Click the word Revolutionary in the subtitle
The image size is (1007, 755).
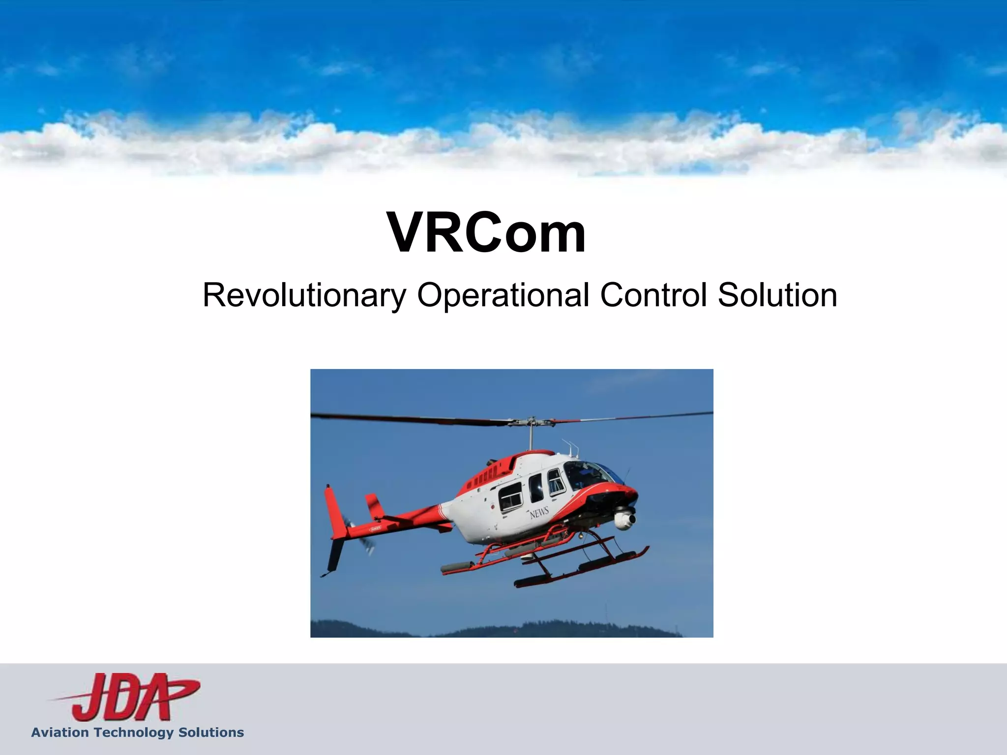pyautogui.click(x=304, y=295)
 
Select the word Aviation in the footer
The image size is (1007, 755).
pyautogui.click(x=60, y=732)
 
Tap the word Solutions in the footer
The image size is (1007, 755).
pyautogui.click(x=211, y=732)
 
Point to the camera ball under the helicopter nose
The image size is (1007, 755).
pyautogui.click(x=624, y=520)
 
